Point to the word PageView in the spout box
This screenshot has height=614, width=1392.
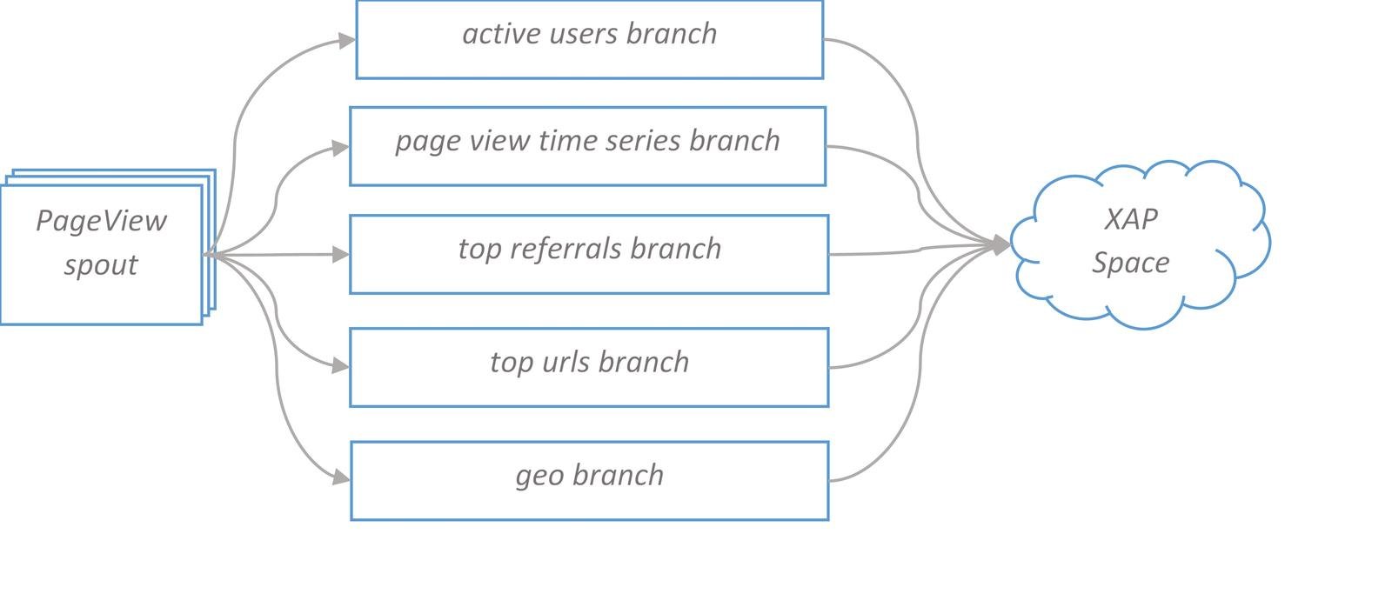[101, 221]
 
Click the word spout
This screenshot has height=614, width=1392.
[101, 265]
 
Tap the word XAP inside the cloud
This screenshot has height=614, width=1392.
[1131, 219]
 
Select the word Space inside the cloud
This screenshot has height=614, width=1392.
[1131, 263]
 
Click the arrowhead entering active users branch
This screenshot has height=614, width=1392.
[347, 41]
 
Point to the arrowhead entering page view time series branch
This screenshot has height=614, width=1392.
[340, 148]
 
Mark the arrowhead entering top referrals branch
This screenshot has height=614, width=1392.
[340, 254]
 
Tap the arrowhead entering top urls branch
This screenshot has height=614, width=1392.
[340, 366]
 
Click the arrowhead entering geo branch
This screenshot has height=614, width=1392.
[341, 478]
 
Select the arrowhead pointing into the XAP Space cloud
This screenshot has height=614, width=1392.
[1001, 245]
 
